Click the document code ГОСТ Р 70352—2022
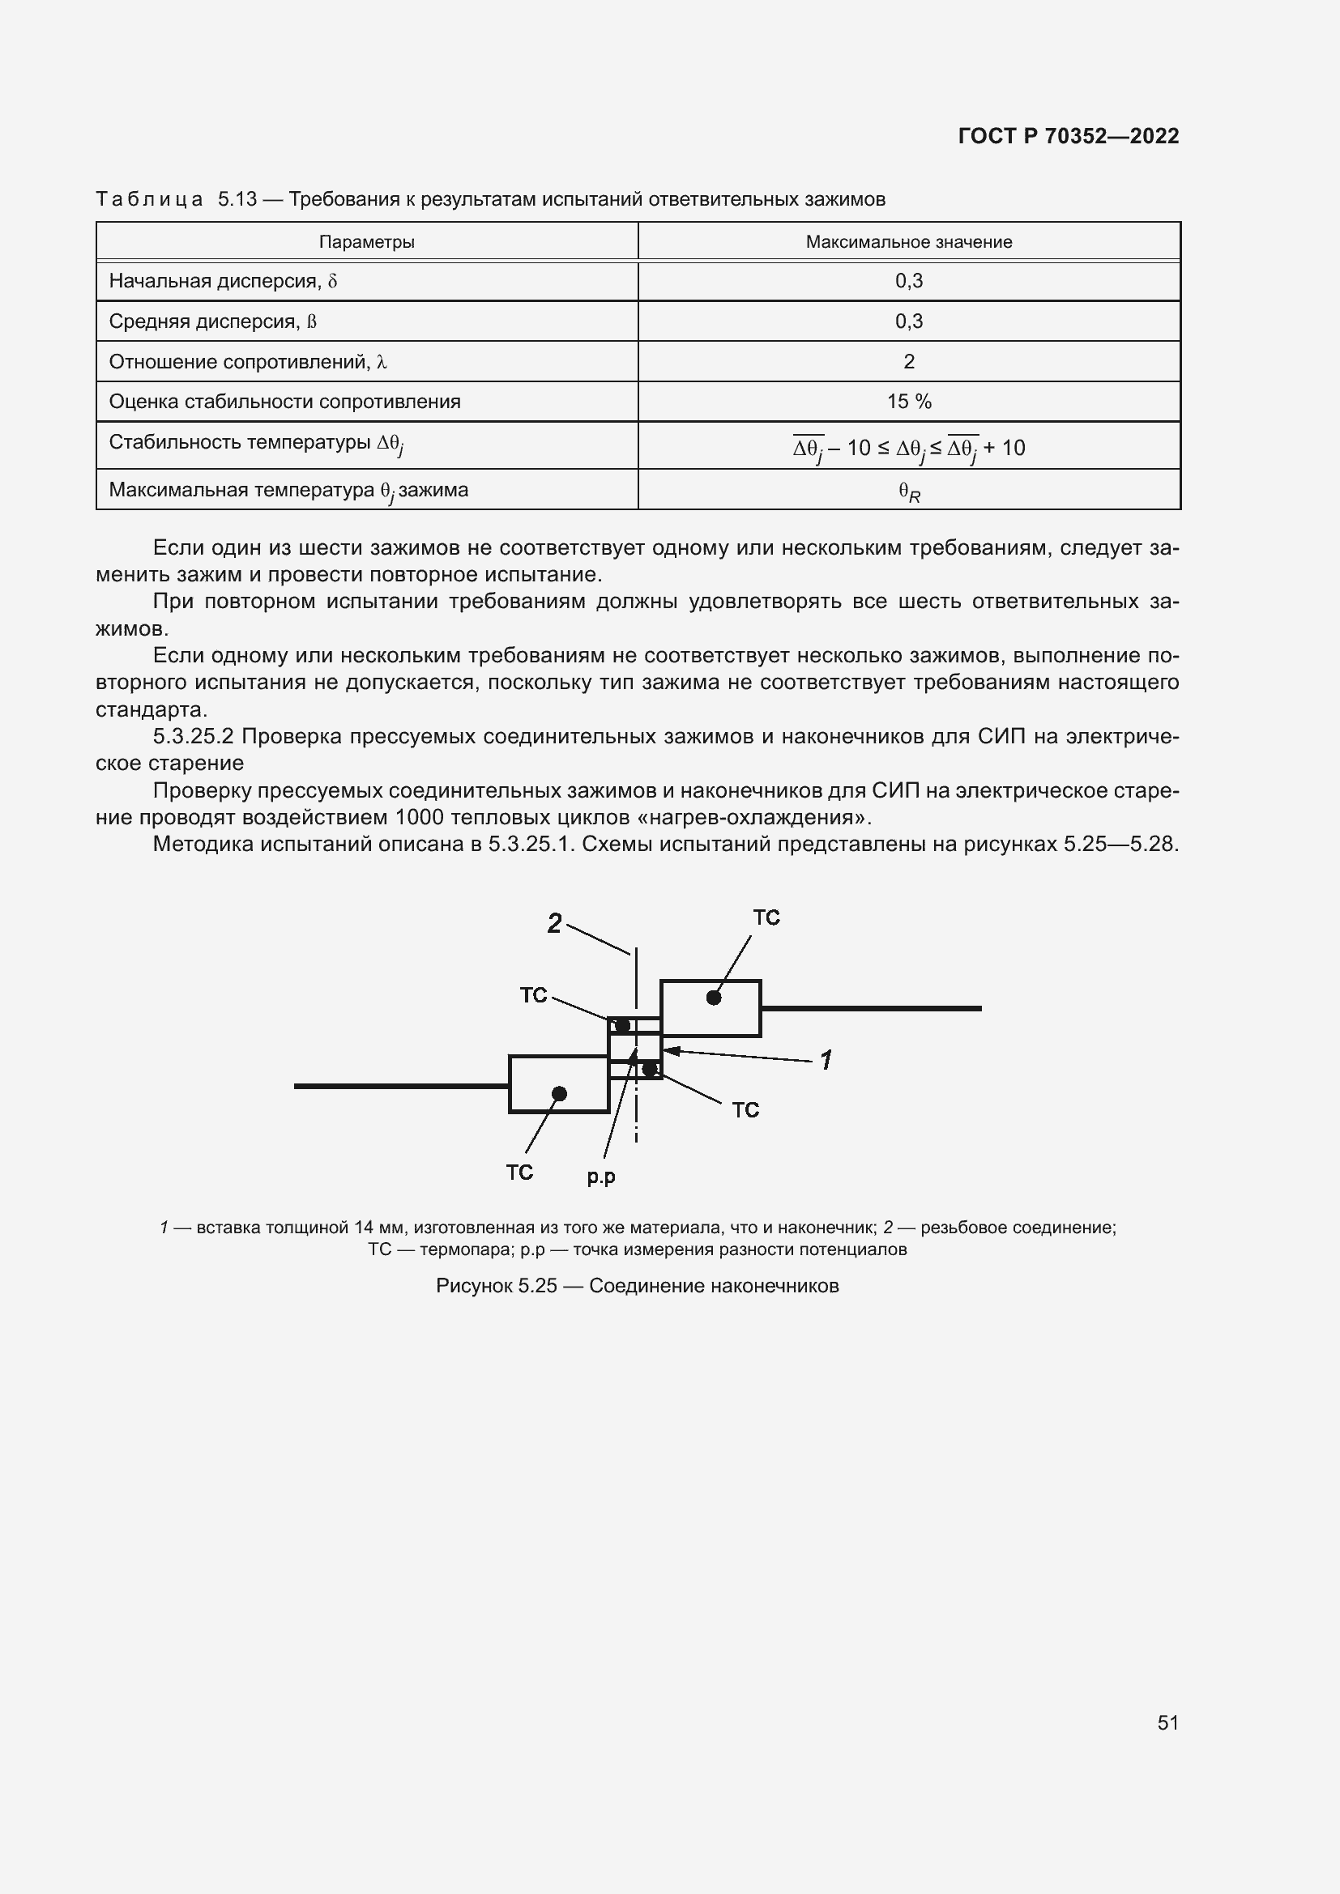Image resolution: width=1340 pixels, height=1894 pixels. (1069, 136)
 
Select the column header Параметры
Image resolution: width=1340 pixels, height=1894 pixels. (366, 241)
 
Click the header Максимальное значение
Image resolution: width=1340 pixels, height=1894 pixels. (908, 241)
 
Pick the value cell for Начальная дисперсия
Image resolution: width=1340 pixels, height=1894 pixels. (908, 281)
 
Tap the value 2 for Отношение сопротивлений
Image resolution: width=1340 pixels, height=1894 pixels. (908, 361)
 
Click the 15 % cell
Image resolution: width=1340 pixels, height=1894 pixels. (908, 402)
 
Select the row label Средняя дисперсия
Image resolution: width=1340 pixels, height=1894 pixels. (212, 321)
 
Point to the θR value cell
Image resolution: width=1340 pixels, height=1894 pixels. (908, 492)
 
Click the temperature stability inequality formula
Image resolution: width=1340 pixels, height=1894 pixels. (908, 448)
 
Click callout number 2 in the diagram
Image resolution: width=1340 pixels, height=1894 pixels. (554, 923)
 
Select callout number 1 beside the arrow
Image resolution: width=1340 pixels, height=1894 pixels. (826, 1059)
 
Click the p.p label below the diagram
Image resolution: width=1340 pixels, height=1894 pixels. (600, 1177)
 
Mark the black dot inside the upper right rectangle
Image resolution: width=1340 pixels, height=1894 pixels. (714, 998)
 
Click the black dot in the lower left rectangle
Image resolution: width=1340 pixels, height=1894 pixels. (559, 1094)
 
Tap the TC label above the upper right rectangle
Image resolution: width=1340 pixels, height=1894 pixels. (766, 918)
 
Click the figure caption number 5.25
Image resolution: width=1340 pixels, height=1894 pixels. (538, 1286)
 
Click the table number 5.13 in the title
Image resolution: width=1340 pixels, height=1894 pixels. (237, 200)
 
